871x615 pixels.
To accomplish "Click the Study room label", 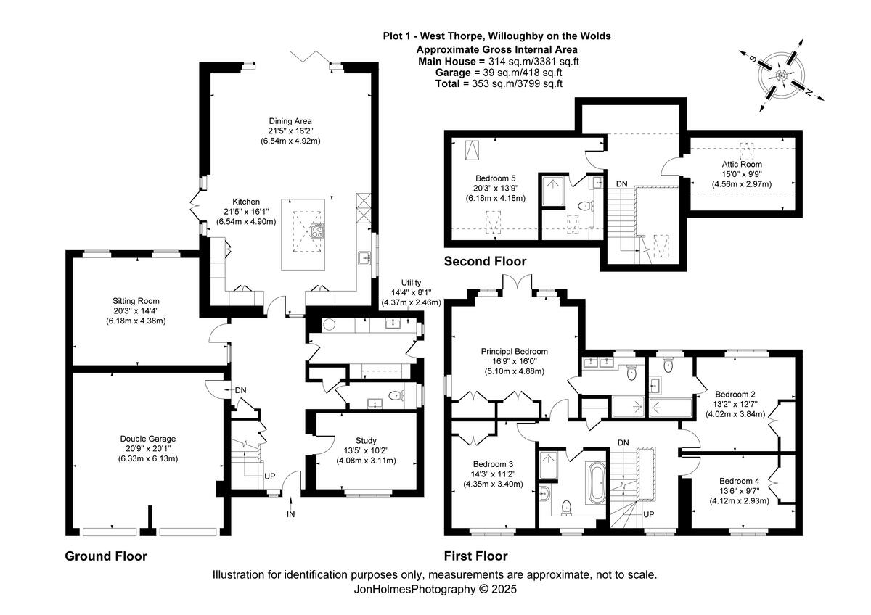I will click(x=366, y=440).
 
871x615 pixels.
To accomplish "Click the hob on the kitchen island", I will click(x=317, y=231).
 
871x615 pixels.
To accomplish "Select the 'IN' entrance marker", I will click(x=290, y=514).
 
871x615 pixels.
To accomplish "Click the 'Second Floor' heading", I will click(x=485, y=261).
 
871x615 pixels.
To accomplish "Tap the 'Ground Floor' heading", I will click(x=106, y=556).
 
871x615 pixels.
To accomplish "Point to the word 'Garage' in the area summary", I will click(x=451, y=73).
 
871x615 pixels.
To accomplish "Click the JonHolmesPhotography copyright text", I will click(x=435, y=590).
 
